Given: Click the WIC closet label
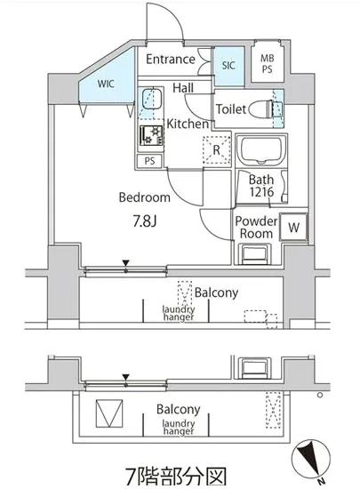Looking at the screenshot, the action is click(106, 84).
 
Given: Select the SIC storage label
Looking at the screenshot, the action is click(228, 66).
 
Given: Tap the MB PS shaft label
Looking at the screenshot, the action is click(268, 64).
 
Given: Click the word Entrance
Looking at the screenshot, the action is click(171, 59).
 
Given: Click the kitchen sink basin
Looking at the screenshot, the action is click(151, 99).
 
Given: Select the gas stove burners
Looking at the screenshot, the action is click(151, 135).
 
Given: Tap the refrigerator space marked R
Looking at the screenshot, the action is click(217, 150).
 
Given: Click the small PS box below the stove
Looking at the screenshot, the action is click(149, 161).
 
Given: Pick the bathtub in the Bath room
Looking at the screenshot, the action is click(261, 150).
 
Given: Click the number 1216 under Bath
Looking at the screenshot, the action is click(261, 192).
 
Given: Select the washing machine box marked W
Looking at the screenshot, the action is click(293, 227).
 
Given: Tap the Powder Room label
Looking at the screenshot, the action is click(256, 227).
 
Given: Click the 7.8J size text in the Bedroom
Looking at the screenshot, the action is click(145, 221).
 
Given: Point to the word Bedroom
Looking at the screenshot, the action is click(145, 197).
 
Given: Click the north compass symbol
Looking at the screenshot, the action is click(310, 459).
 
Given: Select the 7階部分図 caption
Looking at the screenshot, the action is click(175, 477).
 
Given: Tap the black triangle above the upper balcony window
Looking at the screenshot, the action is click(125, 263).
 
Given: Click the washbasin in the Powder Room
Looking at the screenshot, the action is click(254, 254).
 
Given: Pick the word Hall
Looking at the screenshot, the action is click(183, 88).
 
